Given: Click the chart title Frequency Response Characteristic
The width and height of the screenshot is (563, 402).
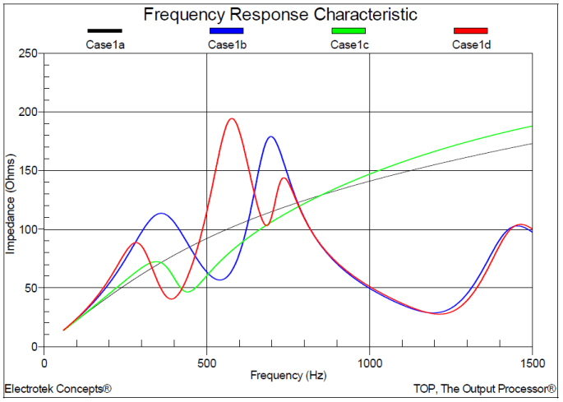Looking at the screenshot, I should tap(280, 15).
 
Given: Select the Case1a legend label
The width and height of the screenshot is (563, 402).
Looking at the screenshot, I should tap(104, 44).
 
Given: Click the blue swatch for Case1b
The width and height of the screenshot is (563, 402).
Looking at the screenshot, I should tap(226, 31).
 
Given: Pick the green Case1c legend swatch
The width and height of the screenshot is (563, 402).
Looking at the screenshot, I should tap(348, 31).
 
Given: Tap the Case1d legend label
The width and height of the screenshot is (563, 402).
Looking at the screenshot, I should tap(471, 44).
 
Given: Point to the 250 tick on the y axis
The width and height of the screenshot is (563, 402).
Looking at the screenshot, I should tap(28, 53).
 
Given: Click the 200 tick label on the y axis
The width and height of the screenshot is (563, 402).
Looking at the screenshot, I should tap(28, 112).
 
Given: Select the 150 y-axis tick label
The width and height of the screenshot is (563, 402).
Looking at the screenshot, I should tap(28, 171).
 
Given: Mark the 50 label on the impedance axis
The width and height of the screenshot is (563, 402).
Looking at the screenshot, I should tap(31, 289).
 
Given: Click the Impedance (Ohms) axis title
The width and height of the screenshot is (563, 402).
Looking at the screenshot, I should tap(11, 200).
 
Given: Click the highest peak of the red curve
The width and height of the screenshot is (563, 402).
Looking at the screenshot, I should tap(232, 118).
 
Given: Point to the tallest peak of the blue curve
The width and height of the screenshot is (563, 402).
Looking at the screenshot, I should tap(270, 136).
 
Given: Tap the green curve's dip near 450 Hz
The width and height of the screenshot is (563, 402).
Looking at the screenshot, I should tap(188, 291).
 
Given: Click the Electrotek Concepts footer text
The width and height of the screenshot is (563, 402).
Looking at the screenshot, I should tap(58, 388).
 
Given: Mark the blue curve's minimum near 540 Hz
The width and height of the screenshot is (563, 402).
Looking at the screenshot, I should tap(219, 280).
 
